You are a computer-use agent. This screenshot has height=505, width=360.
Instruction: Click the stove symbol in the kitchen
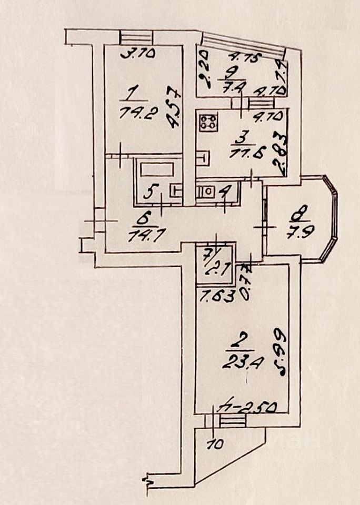coord(208,123)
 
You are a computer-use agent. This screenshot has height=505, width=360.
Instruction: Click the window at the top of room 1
coord(136,37)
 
